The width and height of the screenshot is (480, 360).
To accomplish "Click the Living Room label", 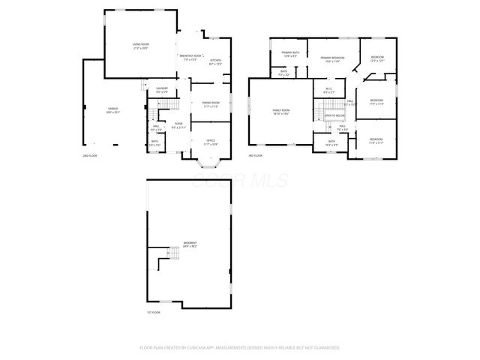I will pos(138,46).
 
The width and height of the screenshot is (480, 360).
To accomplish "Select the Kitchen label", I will pos(215,61).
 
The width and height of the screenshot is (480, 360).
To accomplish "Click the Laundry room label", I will pos(162,90).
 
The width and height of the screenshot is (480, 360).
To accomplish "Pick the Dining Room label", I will pos(211,104).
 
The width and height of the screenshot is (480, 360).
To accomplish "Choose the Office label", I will pos(211,142).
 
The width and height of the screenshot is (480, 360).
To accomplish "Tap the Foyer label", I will pos(178,125).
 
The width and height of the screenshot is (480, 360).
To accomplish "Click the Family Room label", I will pos(281,112).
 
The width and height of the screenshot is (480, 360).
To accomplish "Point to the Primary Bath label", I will pos(290,53).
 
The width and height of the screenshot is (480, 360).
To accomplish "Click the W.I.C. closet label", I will pos(328,91).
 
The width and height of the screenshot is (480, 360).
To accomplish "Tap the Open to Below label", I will pos(334,115).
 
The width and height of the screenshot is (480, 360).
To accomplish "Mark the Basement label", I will pos(190,244).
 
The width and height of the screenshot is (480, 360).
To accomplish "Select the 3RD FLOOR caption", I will pos(256,155).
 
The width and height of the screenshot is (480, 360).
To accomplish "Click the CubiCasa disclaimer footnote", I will pos(240,347).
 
